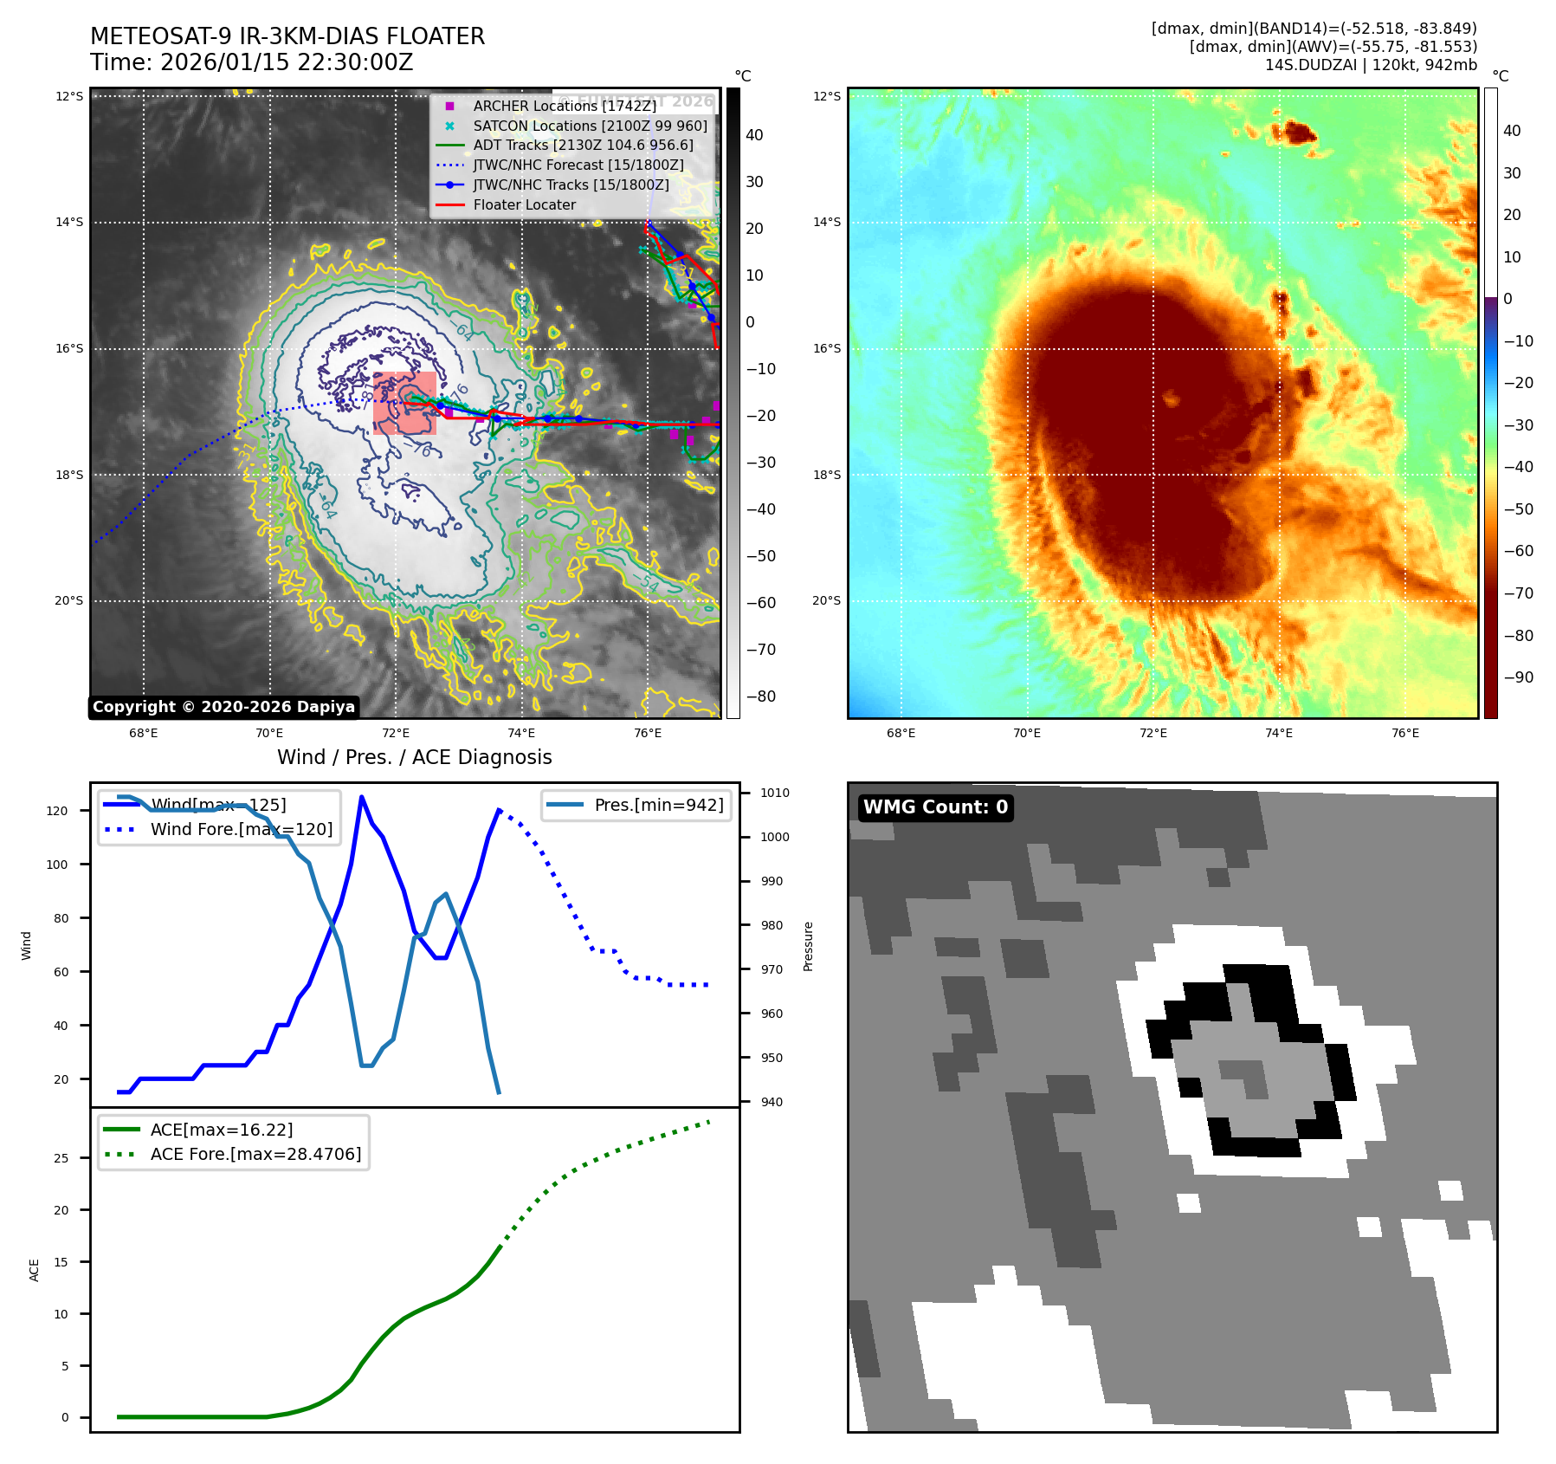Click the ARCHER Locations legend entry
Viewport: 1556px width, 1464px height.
(564, 106)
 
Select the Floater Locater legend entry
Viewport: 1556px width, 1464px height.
(524, 204)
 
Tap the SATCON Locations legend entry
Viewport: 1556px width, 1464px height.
(590, 126)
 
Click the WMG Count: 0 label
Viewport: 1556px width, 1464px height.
(935, 807)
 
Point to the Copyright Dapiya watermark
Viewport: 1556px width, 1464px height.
(223, 707)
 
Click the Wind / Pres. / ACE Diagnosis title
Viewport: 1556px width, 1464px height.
(414, 757)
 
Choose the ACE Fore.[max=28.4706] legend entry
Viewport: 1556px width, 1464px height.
(255, 1154)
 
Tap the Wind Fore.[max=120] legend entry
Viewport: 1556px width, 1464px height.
(241, 829)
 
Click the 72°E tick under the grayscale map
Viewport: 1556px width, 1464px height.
(396, 733)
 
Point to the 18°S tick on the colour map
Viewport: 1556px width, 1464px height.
(826, 475)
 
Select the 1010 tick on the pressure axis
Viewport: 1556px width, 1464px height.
(775, 793)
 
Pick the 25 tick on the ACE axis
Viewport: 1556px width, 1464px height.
(61, 1158)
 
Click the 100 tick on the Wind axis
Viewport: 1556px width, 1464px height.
(57, 865)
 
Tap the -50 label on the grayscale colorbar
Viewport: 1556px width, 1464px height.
(761, 556)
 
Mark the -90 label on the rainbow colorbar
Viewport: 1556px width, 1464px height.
(1518, 677)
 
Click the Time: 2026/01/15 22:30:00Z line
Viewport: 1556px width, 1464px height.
(251, 63)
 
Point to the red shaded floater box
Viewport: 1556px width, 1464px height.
(404, 403)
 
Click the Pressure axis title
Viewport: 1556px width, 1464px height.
(808, 946)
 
